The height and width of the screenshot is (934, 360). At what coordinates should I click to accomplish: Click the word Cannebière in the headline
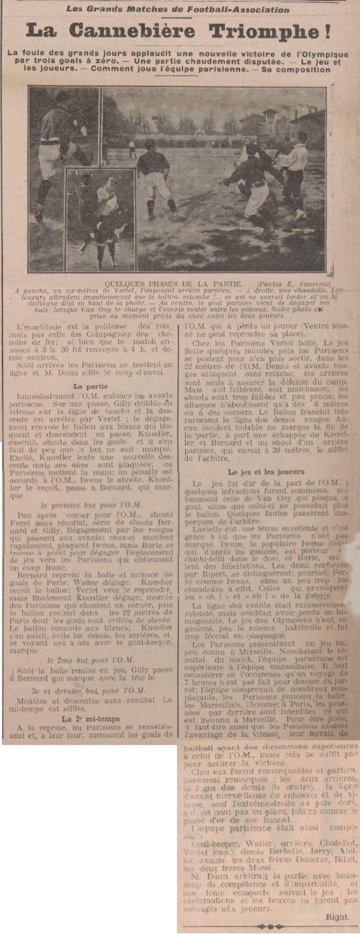[x=139, y=31]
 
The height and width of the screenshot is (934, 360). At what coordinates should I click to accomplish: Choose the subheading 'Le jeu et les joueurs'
[x=265, y=472]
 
